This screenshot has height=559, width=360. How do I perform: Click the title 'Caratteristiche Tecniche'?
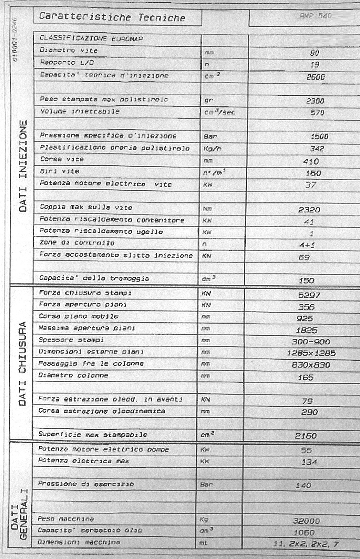coord(112,17)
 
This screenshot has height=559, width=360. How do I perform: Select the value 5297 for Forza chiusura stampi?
coord(309,295)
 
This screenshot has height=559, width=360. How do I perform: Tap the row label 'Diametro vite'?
coord(69,51)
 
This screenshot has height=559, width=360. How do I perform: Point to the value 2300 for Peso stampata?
coord(315,101)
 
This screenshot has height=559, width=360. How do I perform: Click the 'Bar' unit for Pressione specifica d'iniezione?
coord(210,137)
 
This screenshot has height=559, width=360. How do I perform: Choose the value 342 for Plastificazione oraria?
coord(317,149)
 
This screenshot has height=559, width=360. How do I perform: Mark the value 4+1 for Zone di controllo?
coord(307,245)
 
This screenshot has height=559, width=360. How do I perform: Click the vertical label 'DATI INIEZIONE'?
coord(24,165)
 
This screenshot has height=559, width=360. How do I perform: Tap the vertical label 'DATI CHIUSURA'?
coord(23,363)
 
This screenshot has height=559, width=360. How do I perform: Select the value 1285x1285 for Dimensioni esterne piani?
coord(311,353)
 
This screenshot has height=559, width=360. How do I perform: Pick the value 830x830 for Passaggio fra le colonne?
coord(311,365)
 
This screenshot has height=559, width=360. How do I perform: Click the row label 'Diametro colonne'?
coord(73,376)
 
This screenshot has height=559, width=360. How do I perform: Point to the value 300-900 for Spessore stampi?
coord(311,342)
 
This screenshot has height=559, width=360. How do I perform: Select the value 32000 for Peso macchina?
coord(306,521)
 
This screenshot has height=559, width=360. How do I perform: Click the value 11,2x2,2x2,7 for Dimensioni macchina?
coord(306,544)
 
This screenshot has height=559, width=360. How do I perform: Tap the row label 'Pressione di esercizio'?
coord(86,484)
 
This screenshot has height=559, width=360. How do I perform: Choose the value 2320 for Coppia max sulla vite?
coord(309,210)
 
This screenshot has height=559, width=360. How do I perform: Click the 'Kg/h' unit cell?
coord(212,149)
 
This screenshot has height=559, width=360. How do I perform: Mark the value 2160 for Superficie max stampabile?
coord(306,436)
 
